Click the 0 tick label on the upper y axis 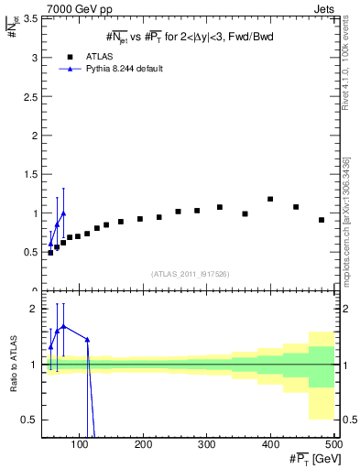tap(35, 290)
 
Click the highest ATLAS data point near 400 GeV tap(270, 199)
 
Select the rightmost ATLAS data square tap(322, 220)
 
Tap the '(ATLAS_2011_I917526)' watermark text tap(191, 273)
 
